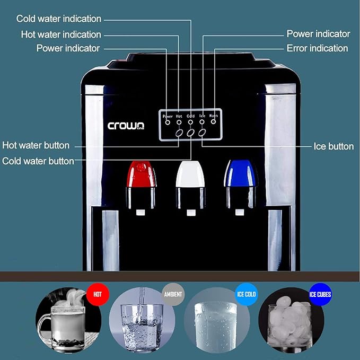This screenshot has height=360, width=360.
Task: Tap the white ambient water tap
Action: tap(190, 174)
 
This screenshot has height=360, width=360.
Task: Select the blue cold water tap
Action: tap(241, 174)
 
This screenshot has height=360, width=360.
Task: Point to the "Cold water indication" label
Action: tap(58, 19)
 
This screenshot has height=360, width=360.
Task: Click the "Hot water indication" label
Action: tap(61, 34)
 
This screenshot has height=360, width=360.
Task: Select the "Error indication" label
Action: tap(317, 48)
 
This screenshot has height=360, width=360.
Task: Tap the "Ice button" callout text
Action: tap(333, 146)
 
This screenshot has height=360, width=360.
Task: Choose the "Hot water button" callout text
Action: tap(36, 145)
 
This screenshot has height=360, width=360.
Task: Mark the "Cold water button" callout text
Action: tap(38, 161)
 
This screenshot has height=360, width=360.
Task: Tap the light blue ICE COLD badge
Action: tap(246, 293)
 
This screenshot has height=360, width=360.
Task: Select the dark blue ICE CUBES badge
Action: tap(320, 293)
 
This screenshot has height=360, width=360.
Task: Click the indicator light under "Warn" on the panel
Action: tap(213, 122)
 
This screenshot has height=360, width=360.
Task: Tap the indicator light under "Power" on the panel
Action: tap(168, 122)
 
